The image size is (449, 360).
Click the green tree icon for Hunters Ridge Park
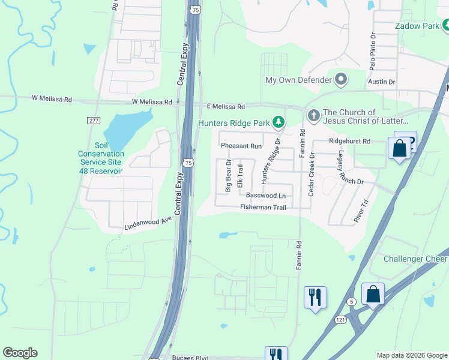tap(278, 123)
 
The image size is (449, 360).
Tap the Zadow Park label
tap(418, 26)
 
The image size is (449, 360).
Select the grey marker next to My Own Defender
tap(341, 80)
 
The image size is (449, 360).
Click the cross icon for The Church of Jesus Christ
tap(313, 115)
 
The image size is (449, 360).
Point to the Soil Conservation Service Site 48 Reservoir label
tap(100, 158)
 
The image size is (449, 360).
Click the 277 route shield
tap(93, 121)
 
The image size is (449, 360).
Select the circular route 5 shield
tap(352, 301)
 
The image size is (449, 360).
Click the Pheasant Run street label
tap(241, 146)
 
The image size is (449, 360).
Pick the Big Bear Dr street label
tap(228, 176)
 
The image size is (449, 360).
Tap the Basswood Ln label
tap(265, 196)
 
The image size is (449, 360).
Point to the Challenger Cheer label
tap(415, 259)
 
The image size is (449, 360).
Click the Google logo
tap(20, 353)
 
